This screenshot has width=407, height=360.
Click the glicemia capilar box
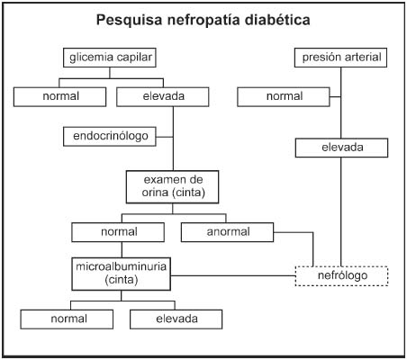110,58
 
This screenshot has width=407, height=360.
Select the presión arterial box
340,58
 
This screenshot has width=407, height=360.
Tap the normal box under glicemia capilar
59,96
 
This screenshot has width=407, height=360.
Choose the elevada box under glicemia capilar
163,96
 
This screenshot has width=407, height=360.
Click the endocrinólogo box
110,136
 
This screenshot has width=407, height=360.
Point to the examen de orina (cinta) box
172,187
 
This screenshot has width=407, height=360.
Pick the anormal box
227,232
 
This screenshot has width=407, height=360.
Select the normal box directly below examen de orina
118,232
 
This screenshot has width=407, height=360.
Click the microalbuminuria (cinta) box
122,274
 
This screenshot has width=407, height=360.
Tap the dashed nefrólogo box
341,275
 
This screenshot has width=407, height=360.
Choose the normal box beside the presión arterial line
284,96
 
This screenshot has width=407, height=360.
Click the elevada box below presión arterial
341,148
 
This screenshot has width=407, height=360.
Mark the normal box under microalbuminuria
67,319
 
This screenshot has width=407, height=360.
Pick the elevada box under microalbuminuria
176,319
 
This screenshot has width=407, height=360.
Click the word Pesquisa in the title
130,20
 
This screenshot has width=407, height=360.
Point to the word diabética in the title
277,20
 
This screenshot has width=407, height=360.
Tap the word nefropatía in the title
203,21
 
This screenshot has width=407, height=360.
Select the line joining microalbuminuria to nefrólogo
233,275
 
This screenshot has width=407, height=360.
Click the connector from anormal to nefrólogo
312,232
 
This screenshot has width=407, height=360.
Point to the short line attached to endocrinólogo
165,137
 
